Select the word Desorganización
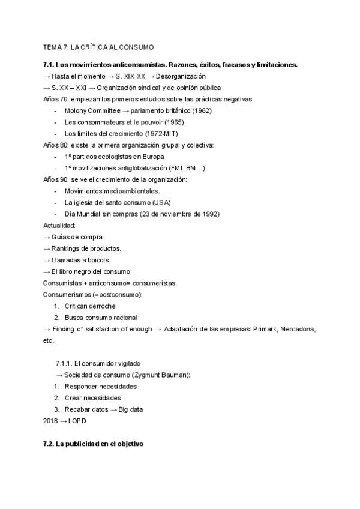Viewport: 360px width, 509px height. click(182, 76)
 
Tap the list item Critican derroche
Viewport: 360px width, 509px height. click(90, 306)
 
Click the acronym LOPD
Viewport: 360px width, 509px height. click(76, 421)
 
